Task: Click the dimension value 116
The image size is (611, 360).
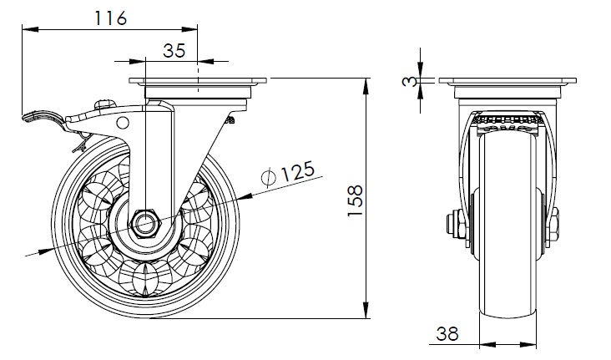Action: click(x=111, y=18)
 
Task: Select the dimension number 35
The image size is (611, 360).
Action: click(x=174, y=51)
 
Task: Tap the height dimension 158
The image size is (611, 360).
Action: click(x=355, y=200)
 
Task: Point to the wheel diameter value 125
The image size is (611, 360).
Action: click(x=297, y=171)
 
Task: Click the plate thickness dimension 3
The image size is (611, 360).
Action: click(x=410, y=81)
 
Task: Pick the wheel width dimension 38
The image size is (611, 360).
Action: click(x=447, y=334)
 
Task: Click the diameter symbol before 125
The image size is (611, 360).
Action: click(x=269, y=178)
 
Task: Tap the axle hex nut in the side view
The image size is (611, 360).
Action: click(x=146, y=224)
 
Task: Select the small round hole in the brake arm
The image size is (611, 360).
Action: click(x=123, y=123)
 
